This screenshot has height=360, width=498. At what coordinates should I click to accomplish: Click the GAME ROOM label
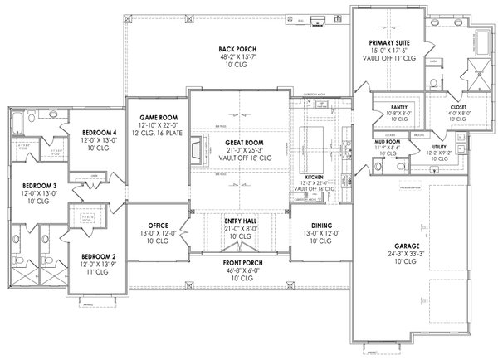click(154, 119)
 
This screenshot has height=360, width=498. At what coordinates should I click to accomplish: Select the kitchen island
click(318, 138)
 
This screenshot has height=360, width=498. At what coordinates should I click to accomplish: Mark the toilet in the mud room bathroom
click(401, 166)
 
